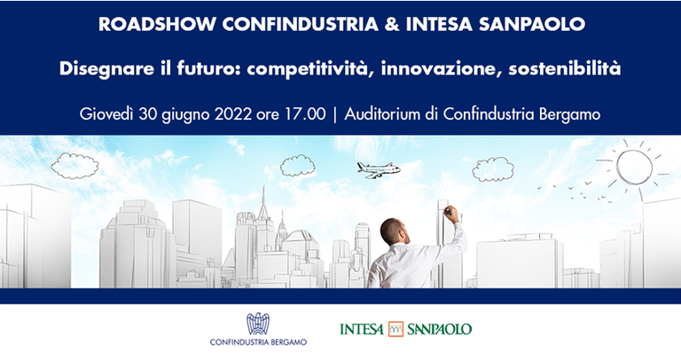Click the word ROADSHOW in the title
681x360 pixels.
[143, 24]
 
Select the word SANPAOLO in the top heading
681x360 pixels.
[541, 24]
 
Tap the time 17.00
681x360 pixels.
[309, 114]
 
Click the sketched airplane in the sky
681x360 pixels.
[379, 169]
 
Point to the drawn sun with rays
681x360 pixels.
[635, 165]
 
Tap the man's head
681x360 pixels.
[394, 232]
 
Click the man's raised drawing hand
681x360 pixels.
[450, 212]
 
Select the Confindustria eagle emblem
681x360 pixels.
[257, 325]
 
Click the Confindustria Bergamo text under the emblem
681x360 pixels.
[258, 343]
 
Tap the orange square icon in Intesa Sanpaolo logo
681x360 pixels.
[395, 329]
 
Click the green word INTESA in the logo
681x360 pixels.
[362, 329]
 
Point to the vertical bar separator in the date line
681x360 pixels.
[335, 114]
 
